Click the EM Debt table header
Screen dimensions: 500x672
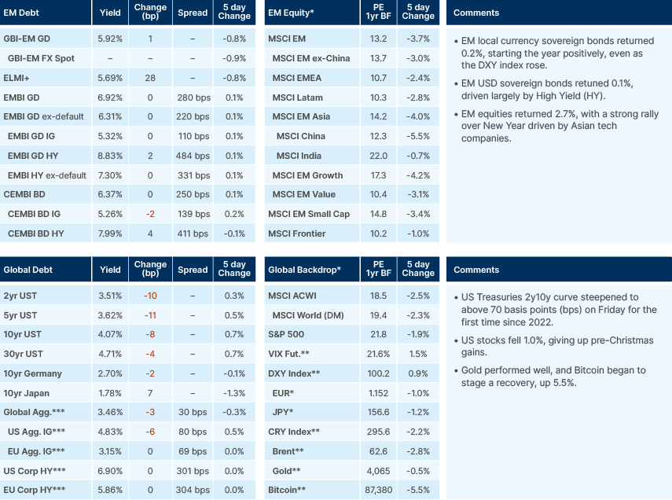23,13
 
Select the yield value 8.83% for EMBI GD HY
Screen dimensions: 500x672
110,156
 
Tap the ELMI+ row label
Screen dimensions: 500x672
17,78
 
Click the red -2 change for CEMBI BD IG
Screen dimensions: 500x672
149,214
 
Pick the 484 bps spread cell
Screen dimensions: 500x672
193,156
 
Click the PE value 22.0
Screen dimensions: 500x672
378,156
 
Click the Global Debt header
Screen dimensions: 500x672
28,270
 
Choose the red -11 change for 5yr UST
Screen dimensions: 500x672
149,315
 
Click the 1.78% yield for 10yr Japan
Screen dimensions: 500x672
110,392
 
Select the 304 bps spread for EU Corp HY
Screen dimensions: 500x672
193,489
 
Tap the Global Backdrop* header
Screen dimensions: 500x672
304,270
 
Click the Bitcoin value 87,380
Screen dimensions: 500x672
378,489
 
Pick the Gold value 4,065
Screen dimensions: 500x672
378,470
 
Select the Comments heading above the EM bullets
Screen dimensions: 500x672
476,13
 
